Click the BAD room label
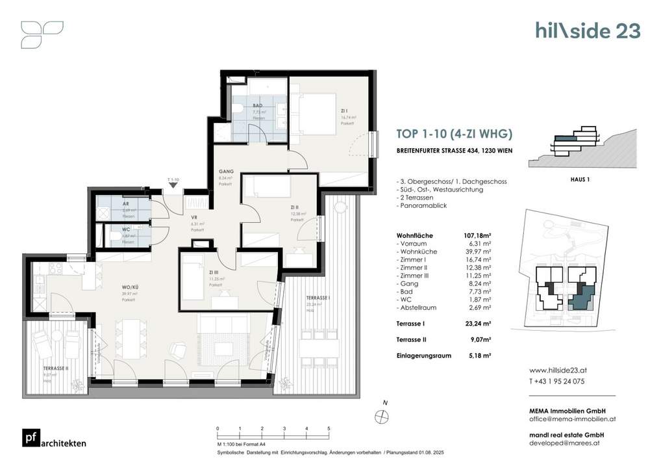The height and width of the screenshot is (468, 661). (258, 105)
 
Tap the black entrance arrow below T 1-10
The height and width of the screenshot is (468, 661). (173, 185)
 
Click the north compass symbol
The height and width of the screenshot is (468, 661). (379, 416)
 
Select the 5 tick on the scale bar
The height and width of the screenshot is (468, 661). (329, 429)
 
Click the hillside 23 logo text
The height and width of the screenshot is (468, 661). (588, 31)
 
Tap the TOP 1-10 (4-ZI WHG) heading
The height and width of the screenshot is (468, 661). (454, 135)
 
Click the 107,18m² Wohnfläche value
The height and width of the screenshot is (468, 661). (477, 236)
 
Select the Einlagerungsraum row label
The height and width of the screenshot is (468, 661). (423, 356)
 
